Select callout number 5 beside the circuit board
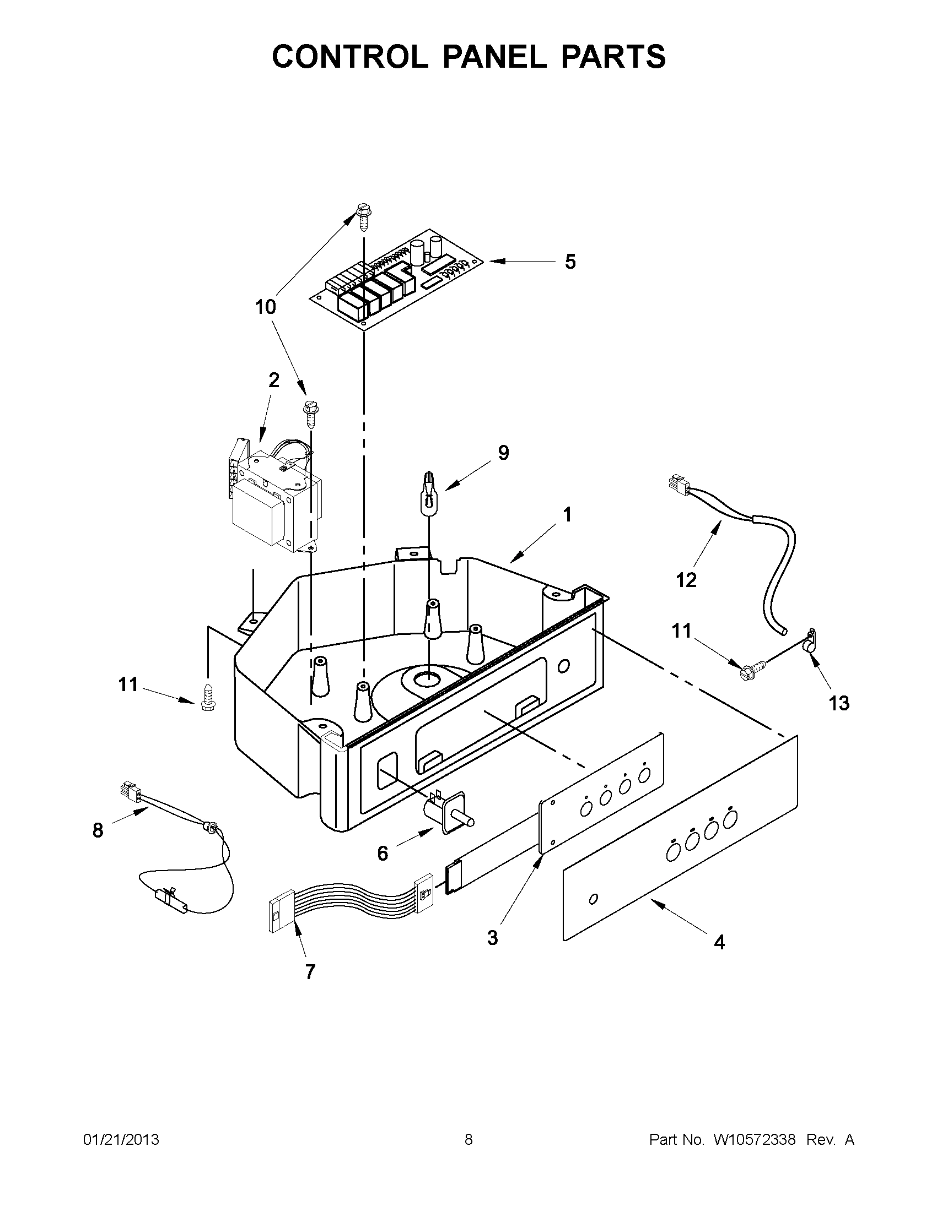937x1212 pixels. (570, 262)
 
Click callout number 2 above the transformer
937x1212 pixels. (274, 380)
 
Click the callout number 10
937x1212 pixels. (266, 306)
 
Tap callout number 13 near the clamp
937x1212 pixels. (839, 703)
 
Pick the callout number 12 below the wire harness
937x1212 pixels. (686, 580)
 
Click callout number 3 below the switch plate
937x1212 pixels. (492, 938)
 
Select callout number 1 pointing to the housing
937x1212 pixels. (567, 515)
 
